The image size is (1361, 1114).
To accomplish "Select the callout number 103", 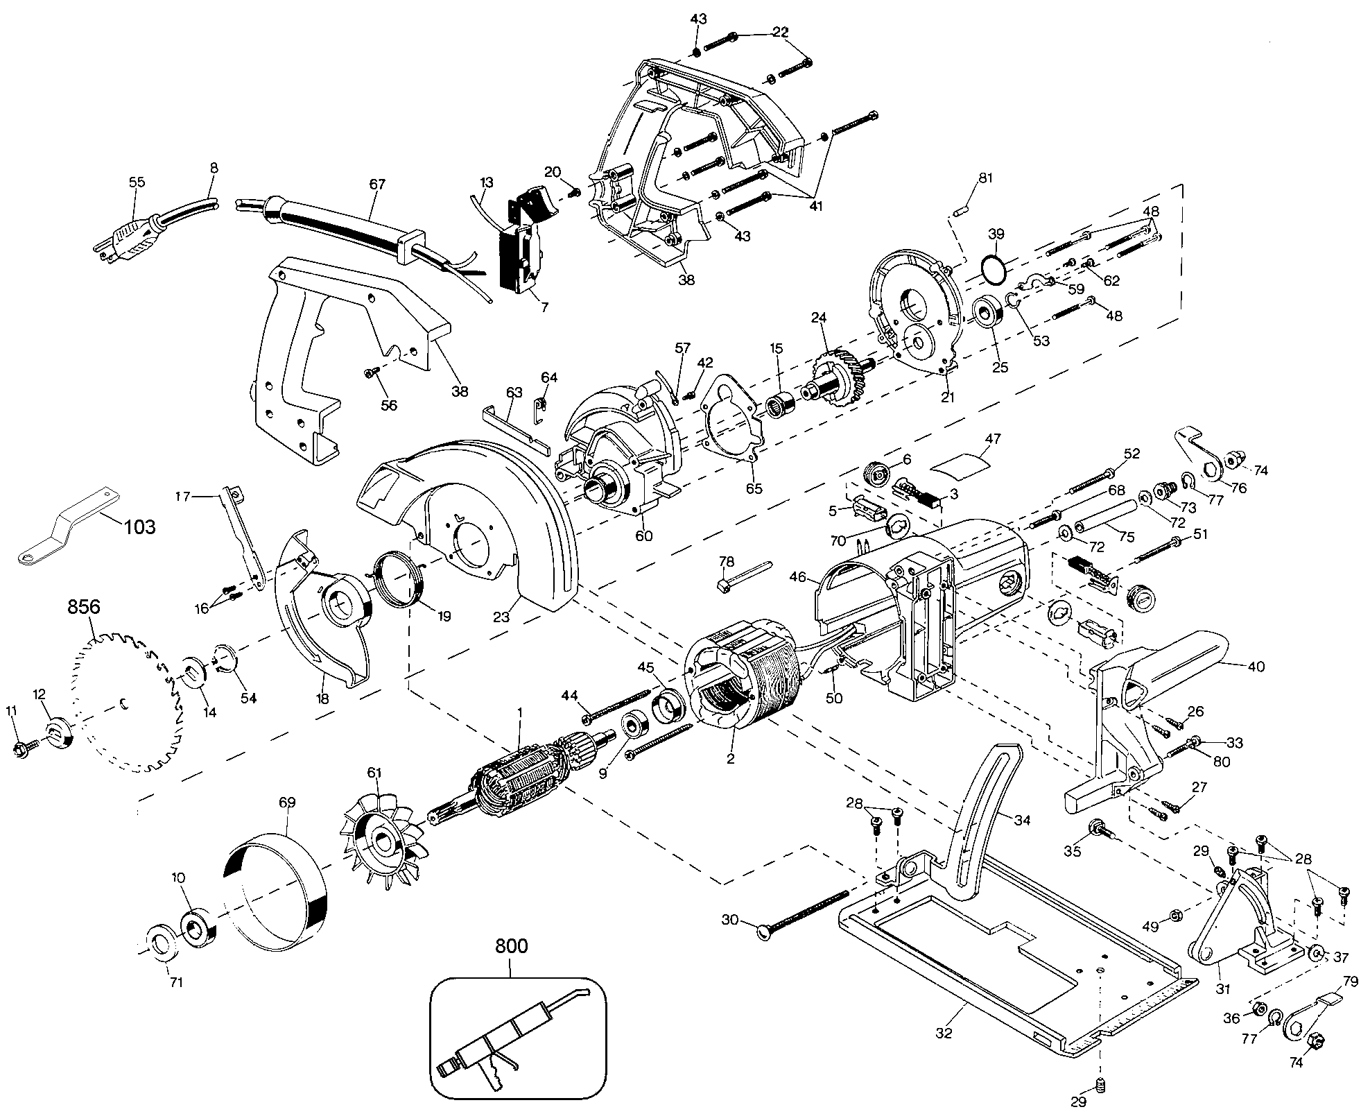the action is coord(139,526).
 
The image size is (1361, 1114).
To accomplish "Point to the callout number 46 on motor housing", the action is coord(798,576).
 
